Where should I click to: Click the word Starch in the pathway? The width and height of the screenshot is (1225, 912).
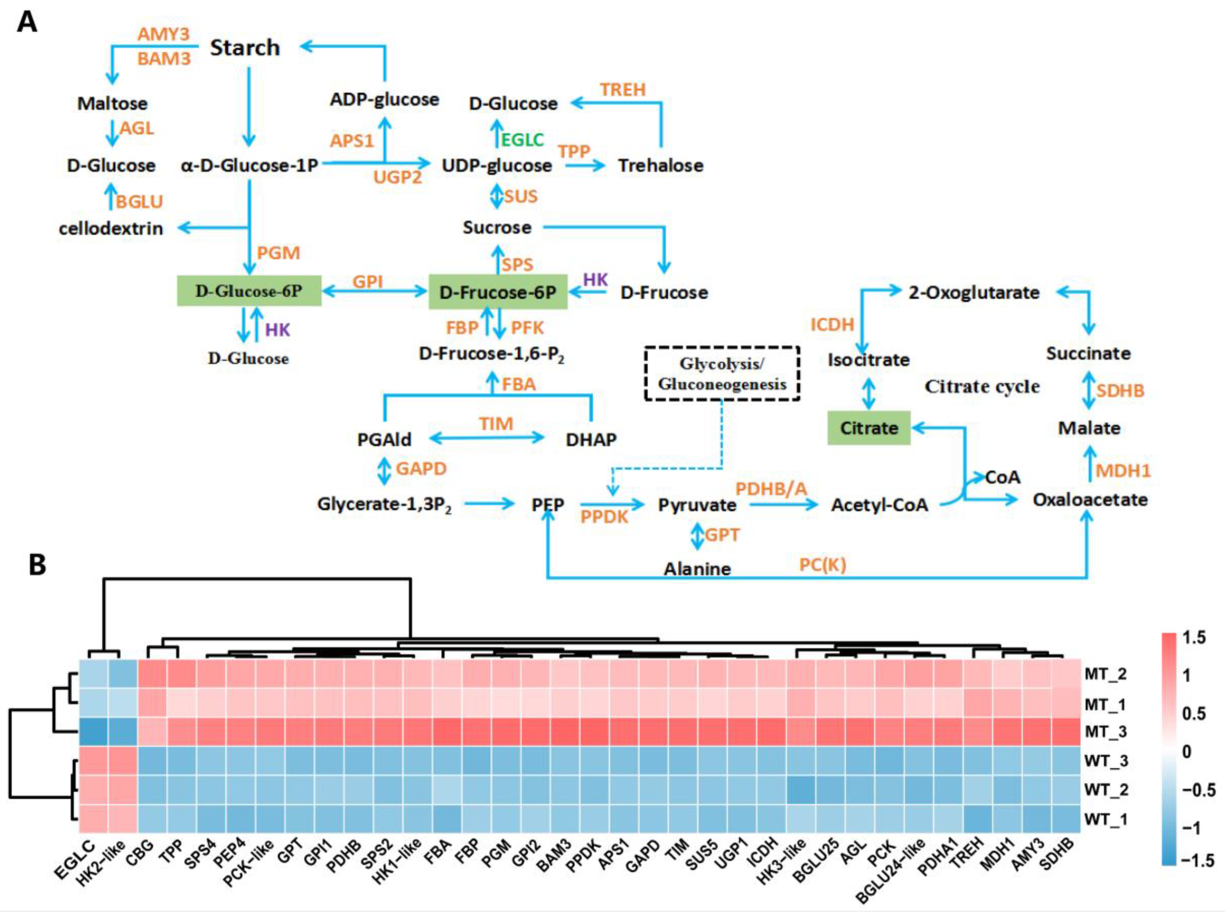(x=245, y=48)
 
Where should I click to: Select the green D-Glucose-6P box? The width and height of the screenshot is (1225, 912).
(x=249, y=291)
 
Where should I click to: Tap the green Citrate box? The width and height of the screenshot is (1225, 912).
(x=868, y=428)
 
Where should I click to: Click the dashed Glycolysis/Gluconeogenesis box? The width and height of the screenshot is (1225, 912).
(x=721, y=374)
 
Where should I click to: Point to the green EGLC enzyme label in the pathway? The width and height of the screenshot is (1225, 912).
(x=522, y=140)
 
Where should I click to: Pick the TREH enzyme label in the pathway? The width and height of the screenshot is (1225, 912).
(x=623, y=89)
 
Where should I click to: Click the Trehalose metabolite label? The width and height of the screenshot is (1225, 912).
(x=660, y=165)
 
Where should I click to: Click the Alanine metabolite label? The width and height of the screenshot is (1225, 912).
(x=697, y=569)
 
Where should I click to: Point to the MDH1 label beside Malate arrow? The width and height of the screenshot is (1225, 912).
(x=1123, y=471)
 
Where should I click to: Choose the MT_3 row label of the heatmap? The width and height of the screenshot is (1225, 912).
(x=1105, y=732)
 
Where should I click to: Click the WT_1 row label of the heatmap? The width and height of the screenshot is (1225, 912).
(x=1105, y=819)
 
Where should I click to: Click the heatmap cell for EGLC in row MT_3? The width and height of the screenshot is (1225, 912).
(x=94, y=732)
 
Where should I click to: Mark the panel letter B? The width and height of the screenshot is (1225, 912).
(x=38, y=565)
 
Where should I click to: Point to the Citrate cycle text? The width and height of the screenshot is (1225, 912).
(x=982, y=386)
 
